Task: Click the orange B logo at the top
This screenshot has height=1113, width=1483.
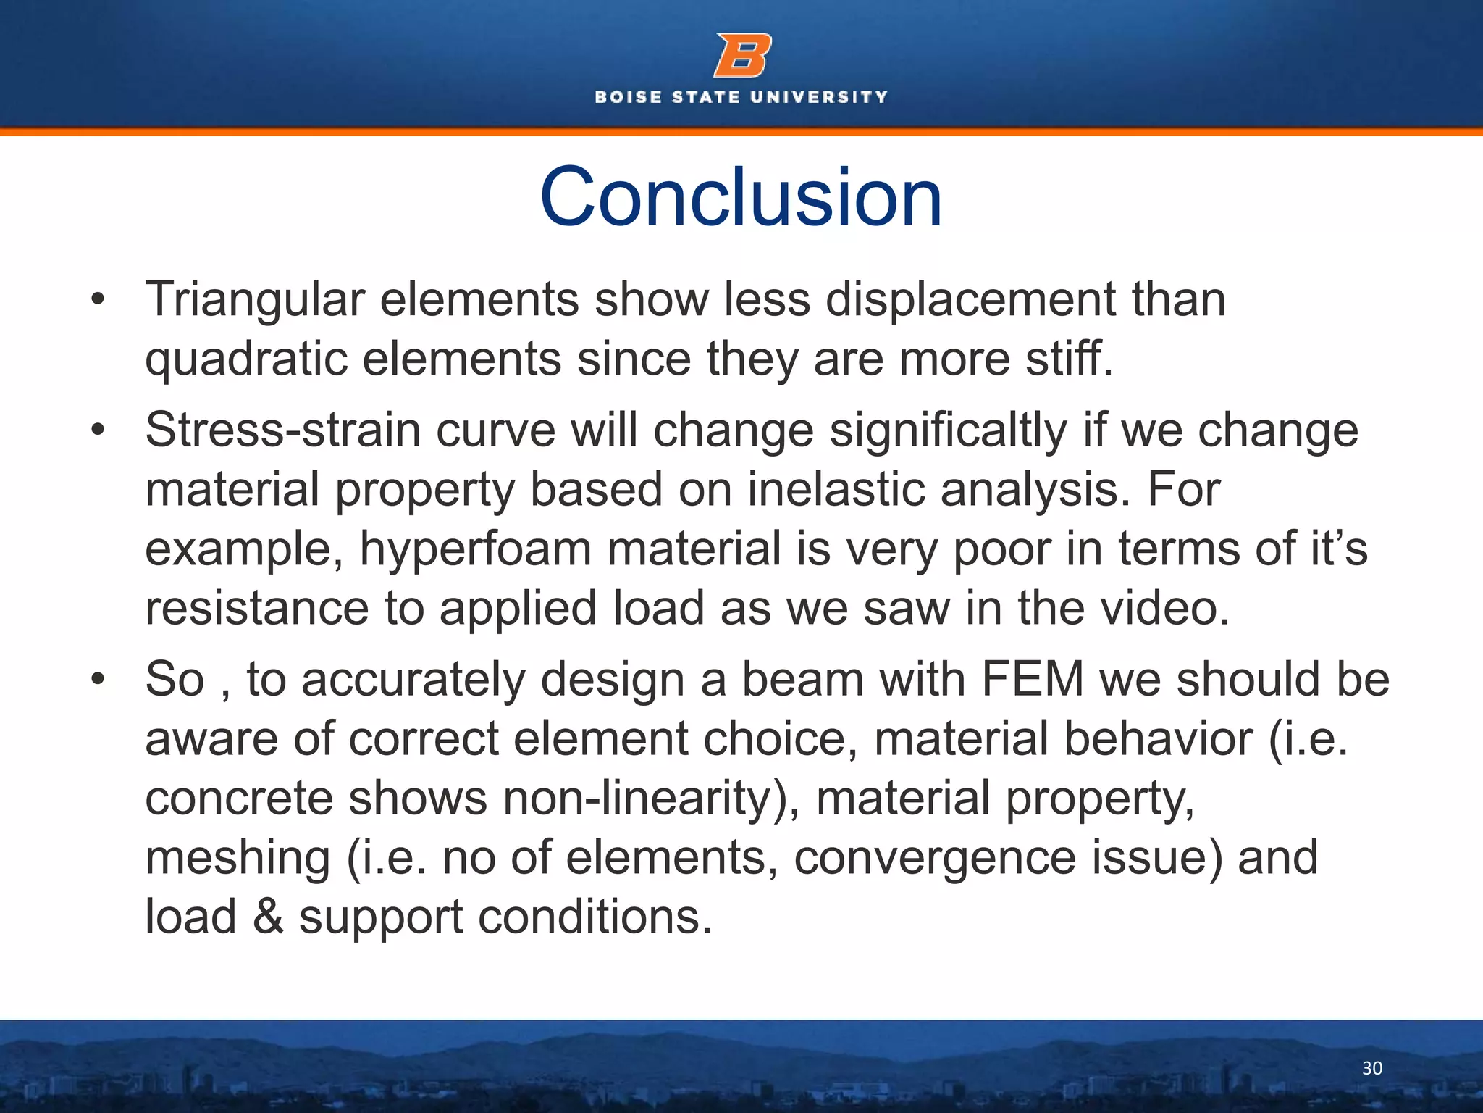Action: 742,56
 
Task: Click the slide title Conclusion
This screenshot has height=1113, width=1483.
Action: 741,197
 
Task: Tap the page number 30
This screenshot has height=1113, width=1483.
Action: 1371,1068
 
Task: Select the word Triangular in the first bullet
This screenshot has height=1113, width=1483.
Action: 254,300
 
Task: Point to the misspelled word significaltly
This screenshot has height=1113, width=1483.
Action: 948,430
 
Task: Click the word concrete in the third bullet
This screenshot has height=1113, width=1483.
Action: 239,799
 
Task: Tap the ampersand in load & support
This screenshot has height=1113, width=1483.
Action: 267,917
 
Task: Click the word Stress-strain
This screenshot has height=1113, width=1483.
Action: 282,430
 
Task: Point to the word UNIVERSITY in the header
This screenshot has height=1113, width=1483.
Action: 819,97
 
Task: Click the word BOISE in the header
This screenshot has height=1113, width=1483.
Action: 628,97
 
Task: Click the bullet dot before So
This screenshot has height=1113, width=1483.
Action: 98,680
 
